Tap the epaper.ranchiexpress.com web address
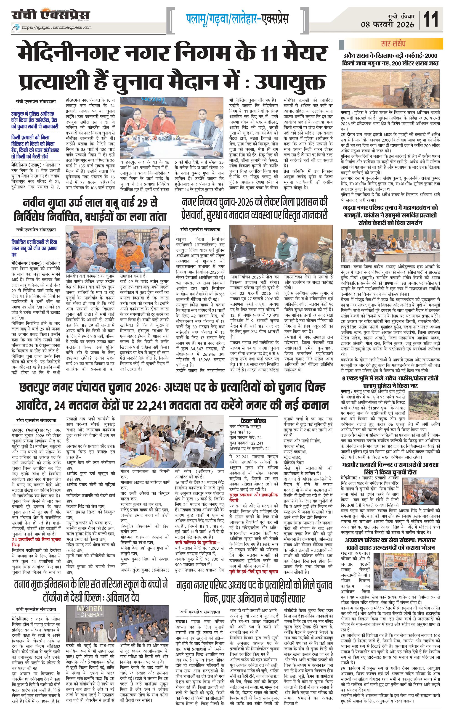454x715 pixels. coord(56,28)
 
